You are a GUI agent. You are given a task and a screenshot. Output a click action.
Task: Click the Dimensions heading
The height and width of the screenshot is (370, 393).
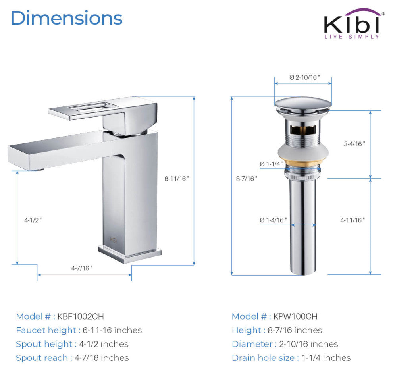pyautogui.click(x=66, y=18)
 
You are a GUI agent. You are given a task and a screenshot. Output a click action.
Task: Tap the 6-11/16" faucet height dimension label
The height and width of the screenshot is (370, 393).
pyautogui.click(x=177, y=179)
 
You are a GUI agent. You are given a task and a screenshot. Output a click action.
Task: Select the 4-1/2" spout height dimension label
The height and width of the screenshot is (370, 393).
pyautogui.click(x=33, y=220)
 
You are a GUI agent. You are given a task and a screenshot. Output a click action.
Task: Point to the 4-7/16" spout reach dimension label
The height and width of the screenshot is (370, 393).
pyautogui.click(x=82, y=268)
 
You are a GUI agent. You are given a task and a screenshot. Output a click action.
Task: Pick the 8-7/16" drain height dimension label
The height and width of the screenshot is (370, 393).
pyautogui.click(x=246, y=179)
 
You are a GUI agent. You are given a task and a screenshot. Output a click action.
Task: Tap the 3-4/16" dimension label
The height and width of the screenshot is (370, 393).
pyautogui.click(x=354, y=144)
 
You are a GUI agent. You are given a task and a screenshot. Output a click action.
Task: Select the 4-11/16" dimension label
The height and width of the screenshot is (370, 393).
pyautogui.click(x=353, y=220)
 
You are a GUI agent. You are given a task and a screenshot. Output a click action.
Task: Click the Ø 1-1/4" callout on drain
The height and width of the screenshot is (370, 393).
pyautogui.click(x=272, y=164)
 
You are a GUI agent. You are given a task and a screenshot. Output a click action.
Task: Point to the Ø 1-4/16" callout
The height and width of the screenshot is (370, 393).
pyautogui.click(x=273, y=220)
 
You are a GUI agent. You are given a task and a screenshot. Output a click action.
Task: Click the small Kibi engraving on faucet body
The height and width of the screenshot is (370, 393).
pyautogui.click(x=114, y=239)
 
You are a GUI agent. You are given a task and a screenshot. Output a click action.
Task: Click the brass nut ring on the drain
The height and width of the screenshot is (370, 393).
pyautogui.click(x=303, y=163)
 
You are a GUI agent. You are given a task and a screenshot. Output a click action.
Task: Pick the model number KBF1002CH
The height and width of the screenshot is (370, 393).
pyautogui.click(x=81, y=316)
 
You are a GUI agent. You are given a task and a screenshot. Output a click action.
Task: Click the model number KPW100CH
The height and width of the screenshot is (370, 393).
pyautogui.click(x=295, y=316)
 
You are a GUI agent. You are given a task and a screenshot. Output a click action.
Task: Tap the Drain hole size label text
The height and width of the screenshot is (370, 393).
pyautogui.click(x=264, y=358)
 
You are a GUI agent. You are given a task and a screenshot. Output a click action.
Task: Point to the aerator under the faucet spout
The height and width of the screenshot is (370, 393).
pyautogui.click(x=37, y=170)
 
